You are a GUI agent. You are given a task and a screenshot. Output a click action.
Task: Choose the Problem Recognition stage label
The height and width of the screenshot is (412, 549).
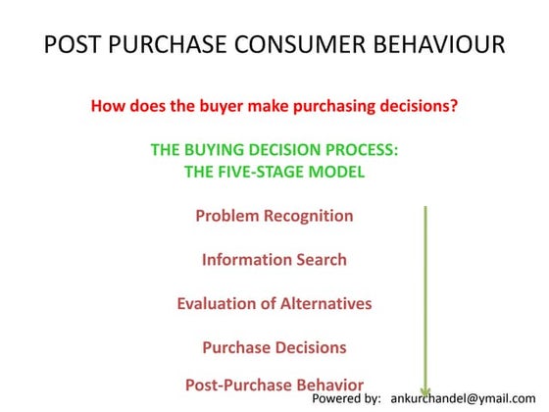click(274, 216)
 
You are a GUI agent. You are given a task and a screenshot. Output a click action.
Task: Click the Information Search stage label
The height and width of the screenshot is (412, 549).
click(274, 260)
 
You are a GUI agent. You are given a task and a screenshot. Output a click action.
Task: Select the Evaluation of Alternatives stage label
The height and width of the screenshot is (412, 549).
click(274, 303)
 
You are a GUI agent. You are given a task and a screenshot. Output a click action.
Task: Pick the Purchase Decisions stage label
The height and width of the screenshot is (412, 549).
click(274, 347)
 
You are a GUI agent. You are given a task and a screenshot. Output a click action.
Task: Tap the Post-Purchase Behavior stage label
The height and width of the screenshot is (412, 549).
click(274, 385)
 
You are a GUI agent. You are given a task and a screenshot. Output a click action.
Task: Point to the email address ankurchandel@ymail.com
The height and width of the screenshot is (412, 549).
click(468, 400)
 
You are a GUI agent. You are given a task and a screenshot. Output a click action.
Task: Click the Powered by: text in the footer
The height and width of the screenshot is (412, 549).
click(346, 400)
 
